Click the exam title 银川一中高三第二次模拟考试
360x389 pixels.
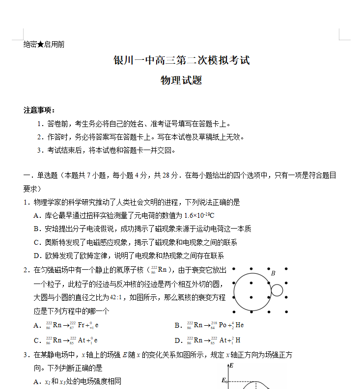(182, 60)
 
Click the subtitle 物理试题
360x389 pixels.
(181, 80)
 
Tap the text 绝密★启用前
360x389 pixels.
(44, 45)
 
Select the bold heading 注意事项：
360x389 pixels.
(40, 110)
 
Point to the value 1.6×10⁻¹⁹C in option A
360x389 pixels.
(199, 215)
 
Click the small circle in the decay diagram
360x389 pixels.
(277, 290)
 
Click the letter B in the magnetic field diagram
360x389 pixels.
(273, 273)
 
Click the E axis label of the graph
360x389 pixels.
(231, 366)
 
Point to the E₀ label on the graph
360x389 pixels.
(225, 380)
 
